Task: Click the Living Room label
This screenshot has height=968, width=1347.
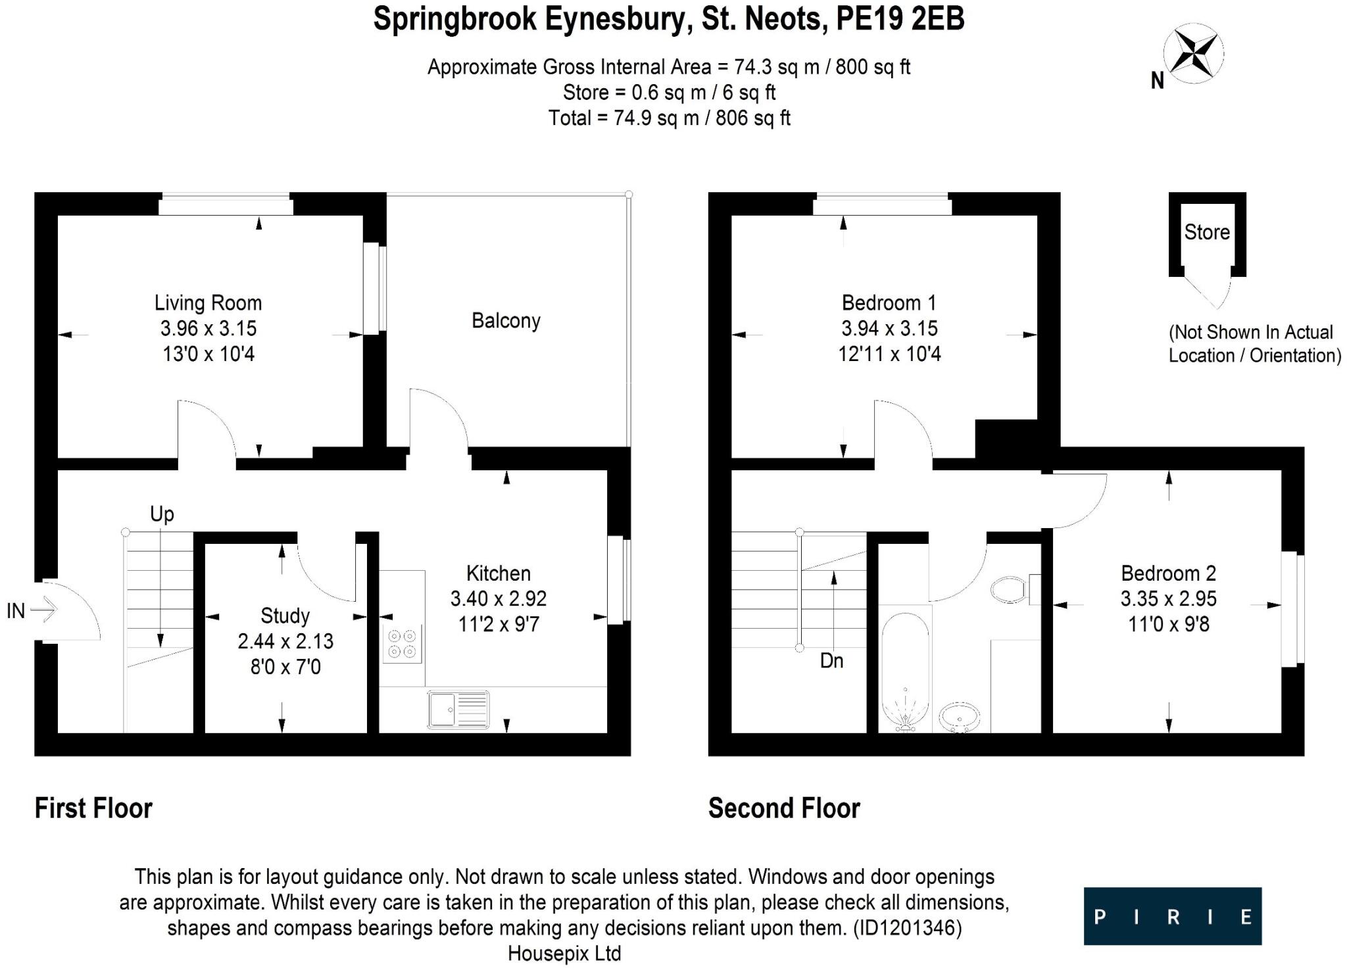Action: tap(208, 303)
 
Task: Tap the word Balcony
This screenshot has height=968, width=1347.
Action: tap(506, 321)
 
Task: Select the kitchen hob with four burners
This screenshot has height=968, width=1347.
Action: tap(402, 644)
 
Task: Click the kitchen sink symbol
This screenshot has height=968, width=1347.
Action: tap(458, 710)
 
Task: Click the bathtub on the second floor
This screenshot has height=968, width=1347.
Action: tap(905, 672)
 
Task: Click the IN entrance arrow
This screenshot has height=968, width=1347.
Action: tap(43, 610)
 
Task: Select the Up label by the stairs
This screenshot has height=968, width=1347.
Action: tap(162, 514)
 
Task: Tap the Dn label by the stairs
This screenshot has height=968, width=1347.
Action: tap(831, 661)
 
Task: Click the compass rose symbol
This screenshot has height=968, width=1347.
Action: tap(1193, 55)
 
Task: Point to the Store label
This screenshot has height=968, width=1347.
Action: tap(1207, 232)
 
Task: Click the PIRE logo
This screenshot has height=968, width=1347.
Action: tap(1172, 916)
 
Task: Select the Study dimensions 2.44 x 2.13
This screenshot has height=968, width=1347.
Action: tap(285, 641)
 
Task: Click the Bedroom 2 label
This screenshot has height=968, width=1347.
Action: tap(1168, 573)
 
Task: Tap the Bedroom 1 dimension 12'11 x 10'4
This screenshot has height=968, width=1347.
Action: tap(889, 354)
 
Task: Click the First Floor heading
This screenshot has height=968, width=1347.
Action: tap(93, 808)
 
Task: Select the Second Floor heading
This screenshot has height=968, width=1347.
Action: tap(784, 808)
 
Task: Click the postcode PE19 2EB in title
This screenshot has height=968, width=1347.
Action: tap(900, 20)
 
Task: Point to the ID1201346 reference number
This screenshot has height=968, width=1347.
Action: tap(907, 928)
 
